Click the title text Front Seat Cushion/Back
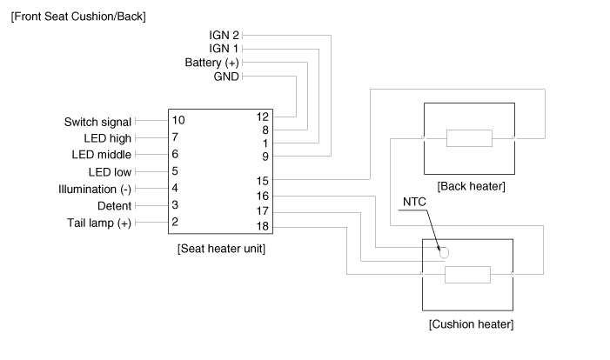pyautogui.click(x=77, y=17)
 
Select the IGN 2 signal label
pyautogui.click(x=225, y=35)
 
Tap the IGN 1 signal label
pyautogui.click(x=225, y=49)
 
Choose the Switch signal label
pyautogui.click(x=97, y=122)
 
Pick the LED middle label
pyautogui.click(x=102, y=154)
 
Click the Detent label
pyautogui.click(x=115, y=205)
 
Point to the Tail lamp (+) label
pyautogui.click(x=99, y=223)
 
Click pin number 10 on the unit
pyautogui.click(x=178, y=119)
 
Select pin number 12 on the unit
pyautogui.click(x=262, y=117)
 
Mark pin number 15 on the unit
pyautogui.click(x=262, y=180)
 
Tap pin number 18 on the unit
pyautogui.click(x=262, y=226)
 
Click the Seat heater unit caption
pyautogui.click(x=221, y=249)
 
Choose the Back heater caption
pyautogui.click(x=471, y=186)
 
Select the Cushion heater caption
pyautogui.click(x=471, y=324)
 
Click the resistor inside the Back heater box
pyautogui.click(x=469, y=138)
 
